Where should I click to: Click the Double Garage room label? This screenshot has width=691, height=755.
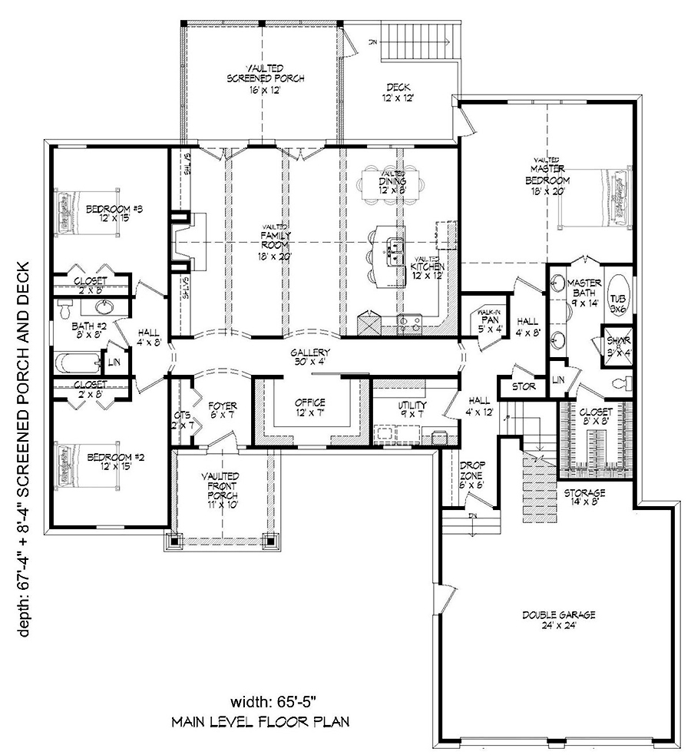tap(548, 620)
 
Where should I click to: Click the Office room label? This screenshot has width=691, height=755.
tap(310, 407)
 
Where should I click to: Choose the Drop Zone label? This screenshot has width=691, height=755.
tap(470, 475)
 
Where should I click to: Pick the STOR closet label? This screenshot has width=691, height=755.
tap(524, 386)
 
